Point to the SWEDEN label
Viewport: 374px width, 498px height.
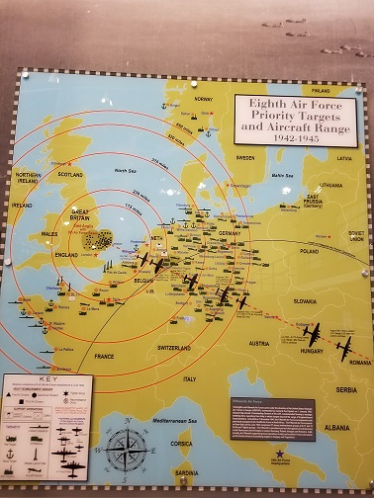pos(244,157)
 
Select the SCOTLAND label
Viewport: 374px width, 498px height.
pos(70,175)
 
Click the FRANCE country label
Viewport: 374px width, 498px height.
pos(104,355)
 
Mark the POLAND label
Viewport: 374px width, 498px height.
pos(310,251)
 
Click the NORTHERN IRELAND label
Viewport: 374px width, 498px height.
pos(29,179)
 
